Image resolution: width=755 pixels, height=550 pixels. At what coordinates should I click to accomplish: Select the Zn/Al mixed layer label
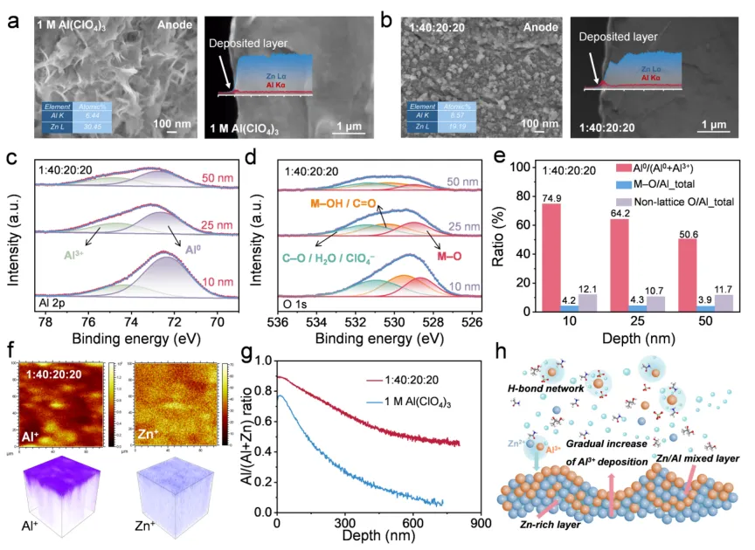(692, 457)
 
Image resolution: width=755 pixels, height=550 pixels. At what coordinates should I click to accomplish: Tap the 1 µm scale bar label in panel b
(712, 125)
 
